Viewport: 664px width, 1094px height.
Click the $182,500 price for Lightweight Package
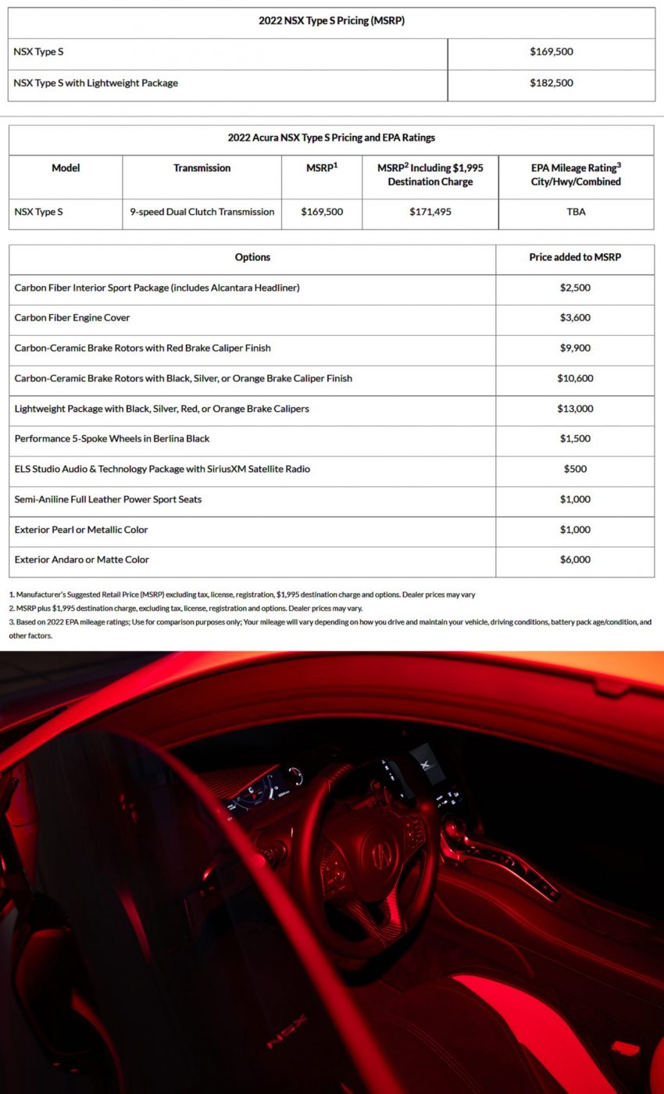click(551, 83)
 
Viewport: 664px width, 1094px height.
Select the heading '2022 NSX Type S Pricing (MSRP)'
click(331, 21)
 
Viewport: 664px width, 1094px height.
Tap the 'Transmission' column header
click(202, 168)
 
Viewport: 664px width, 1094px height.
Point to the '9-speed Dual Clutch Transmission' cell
click(202, 212)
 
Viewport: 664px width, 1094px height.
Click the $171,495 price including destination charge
click(430, 212)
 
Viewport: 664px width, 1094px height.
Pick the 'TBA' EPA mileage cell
click(576, 212)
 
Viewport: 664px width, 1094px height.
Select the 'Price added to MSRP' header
click(575, 257)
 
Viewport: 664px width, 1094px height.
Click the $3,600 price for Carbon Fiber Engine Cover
click(575, 318)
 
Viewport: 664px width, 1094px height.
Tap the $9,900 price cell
click(575, 348)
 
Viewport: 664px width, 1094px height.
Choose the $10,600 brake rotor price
click(575, 378)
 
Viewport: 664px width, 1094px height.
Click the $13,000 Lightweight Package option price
click(575, 409)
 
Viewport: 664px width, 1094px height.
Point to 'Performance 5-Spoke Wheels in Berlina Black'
click(112, 438)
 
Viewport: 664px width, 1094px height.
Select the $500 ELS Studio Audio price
click(575, 469)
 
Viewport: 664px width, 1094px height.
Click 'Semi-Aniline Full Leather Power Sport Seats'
click(108, 499)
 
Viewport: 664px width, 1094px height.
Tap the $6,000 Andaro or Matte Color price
click(575, 560)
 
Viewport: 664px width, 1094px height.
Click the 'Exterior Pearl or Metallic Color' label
click(81, 529)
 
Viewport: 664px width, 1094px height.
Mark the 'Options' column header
click(252, 257)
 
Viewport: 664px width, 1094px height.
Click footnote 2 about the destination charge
click(186, 608)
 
